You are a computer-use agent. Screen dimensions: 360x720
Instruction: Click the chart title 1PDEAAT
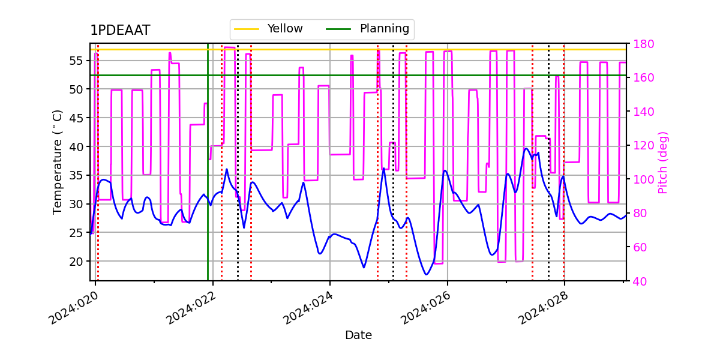coord(120,31)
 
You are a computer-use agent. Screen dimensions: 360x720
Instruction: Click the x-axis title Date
coord(358,335)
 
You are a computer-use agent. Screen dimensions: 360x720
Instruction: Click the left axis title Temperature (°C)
coord(58,161)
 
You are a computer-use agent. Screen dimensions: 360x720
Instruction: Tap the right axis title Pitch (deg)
coord(662,162)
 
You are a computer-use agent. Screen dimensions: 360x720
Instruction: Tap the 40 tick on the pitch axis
coord(640,281)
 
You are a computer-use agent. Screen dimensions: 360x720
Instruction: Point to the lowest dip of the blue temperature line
coord(427,274)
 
